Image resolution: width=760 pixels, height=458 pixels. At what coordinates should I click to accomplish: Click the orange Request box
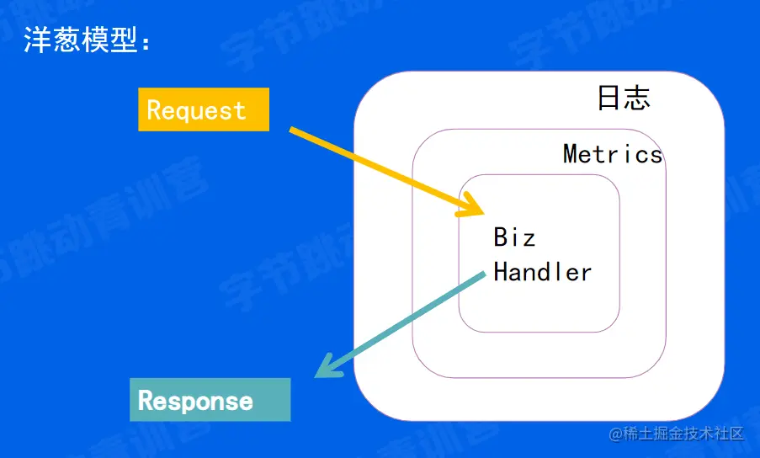[204, 109]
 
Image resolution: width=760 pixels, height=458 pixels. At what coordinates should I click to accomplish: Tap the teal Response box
[210, 400]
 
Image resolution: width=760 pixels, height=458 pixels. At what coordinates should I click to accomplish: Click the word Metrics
[613, 154]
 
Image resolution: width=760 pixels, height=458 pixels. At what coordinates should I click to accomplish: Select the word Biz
[514, 237]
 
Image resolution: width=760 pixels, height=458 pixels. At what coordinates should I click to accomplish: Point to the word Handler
[542, 272]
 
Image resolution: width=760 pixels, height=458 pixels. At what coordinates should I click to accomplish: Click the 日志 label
[624, 98]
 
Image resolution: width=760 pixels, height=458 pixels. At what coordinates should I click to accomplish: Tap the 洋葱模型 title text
[81, 40]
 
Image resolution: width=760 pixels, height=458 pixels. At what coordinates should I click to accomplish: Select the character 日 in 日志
[609, 98]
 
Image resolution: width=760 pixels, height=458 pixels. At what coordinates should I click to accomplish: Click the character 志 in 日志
[638, 98]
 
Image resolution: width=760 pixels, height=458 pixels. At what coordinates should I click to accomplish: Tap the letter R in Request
[153, 109]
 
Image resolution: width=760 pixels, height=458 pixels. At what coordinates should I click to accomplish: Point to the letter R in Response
[146, 401]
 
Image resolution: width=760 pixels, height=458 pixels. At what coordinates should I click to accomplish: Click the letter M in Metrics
[571, 154]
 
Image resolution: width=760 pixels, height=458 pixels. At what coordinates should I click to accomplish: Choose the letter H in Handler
[501, 272]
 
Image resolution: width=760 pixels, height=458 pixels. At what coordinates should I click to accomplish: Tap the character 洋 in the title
[36, 40]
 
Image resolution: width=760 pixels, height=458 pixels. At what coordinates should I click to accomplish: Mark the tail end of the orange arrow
[291, 130]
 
